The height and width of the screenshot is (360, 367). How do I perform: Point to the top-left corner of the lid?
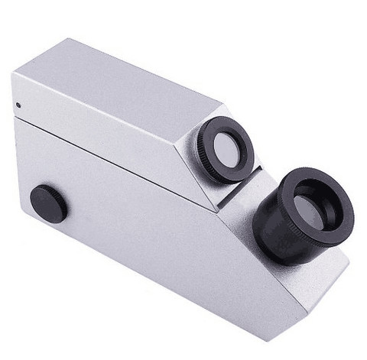pos(13,73)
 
